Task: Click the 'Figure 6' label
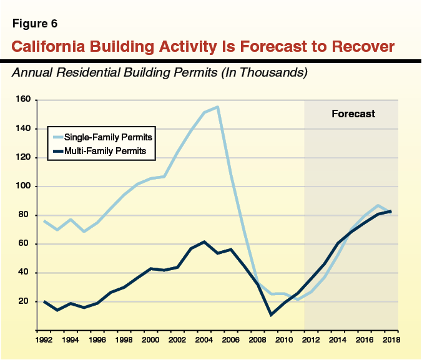[x=36, y=25]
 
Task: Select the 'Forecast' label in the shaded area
[x=353, y=114]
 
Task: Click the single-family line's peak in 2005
[x=217, y=107]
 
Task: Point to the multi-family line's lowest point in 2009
[x=271, y=314]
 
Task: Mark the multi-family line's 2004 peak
[x=204, y=241]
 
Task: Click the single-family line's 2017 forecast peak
[x=378, y=205]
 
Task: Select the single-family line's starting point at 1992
[x=44, y=221]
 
